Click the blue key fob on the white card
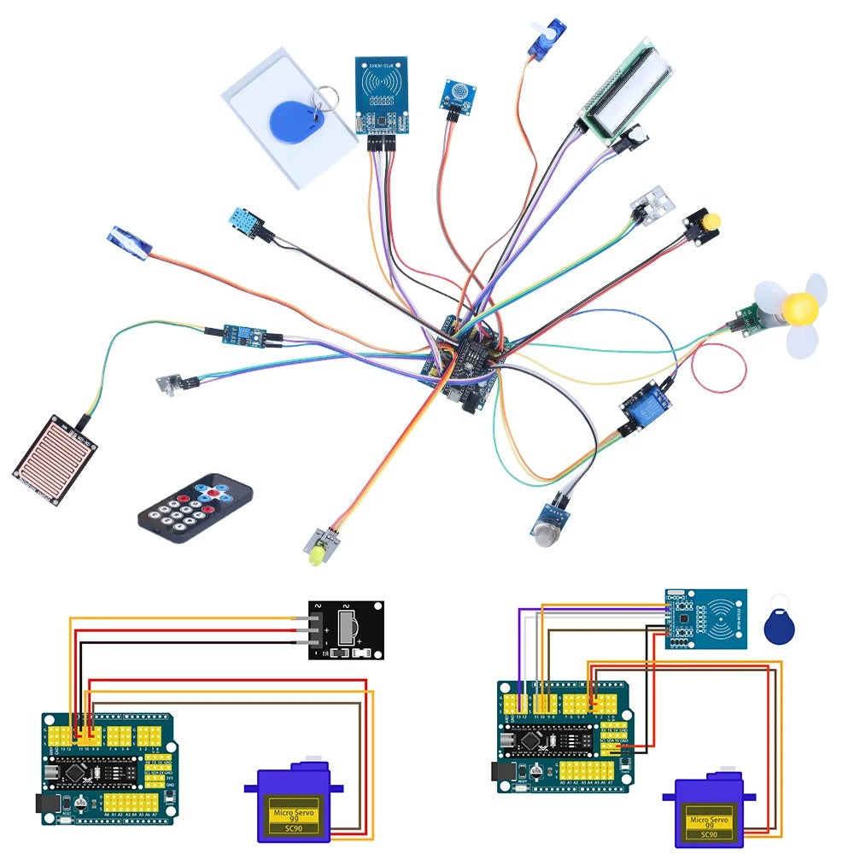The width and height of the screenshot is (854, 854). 291,119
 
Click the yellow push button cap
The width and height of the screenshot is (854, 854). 710,222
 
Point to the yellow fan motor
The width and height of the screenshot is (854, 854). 800,307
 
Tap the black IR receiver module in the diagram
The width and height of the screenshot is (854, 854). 346,630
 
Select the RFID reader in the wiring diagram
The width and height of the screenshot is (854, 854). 705,619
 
